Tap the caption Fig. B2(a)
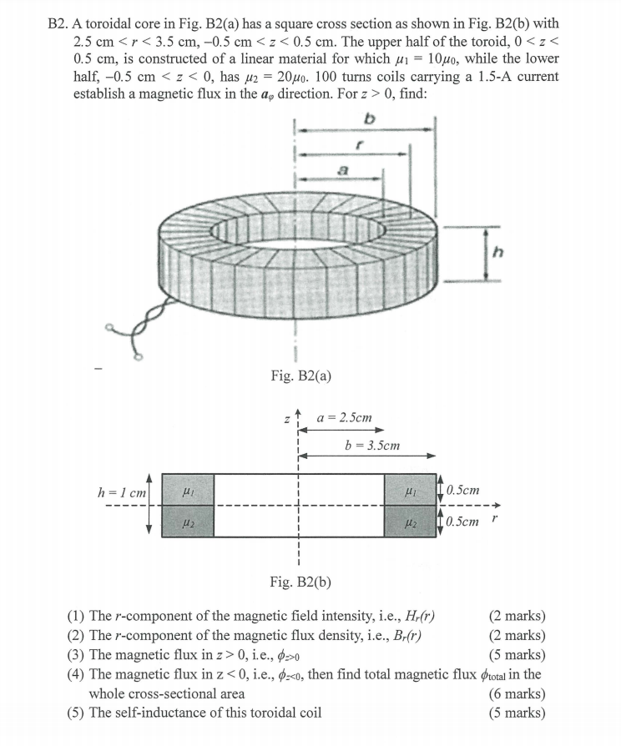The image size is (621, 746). [300, 376]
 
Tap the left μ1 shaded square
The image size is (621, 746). [188, 489]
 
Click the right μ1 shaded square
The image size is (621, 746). [410, 489]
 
